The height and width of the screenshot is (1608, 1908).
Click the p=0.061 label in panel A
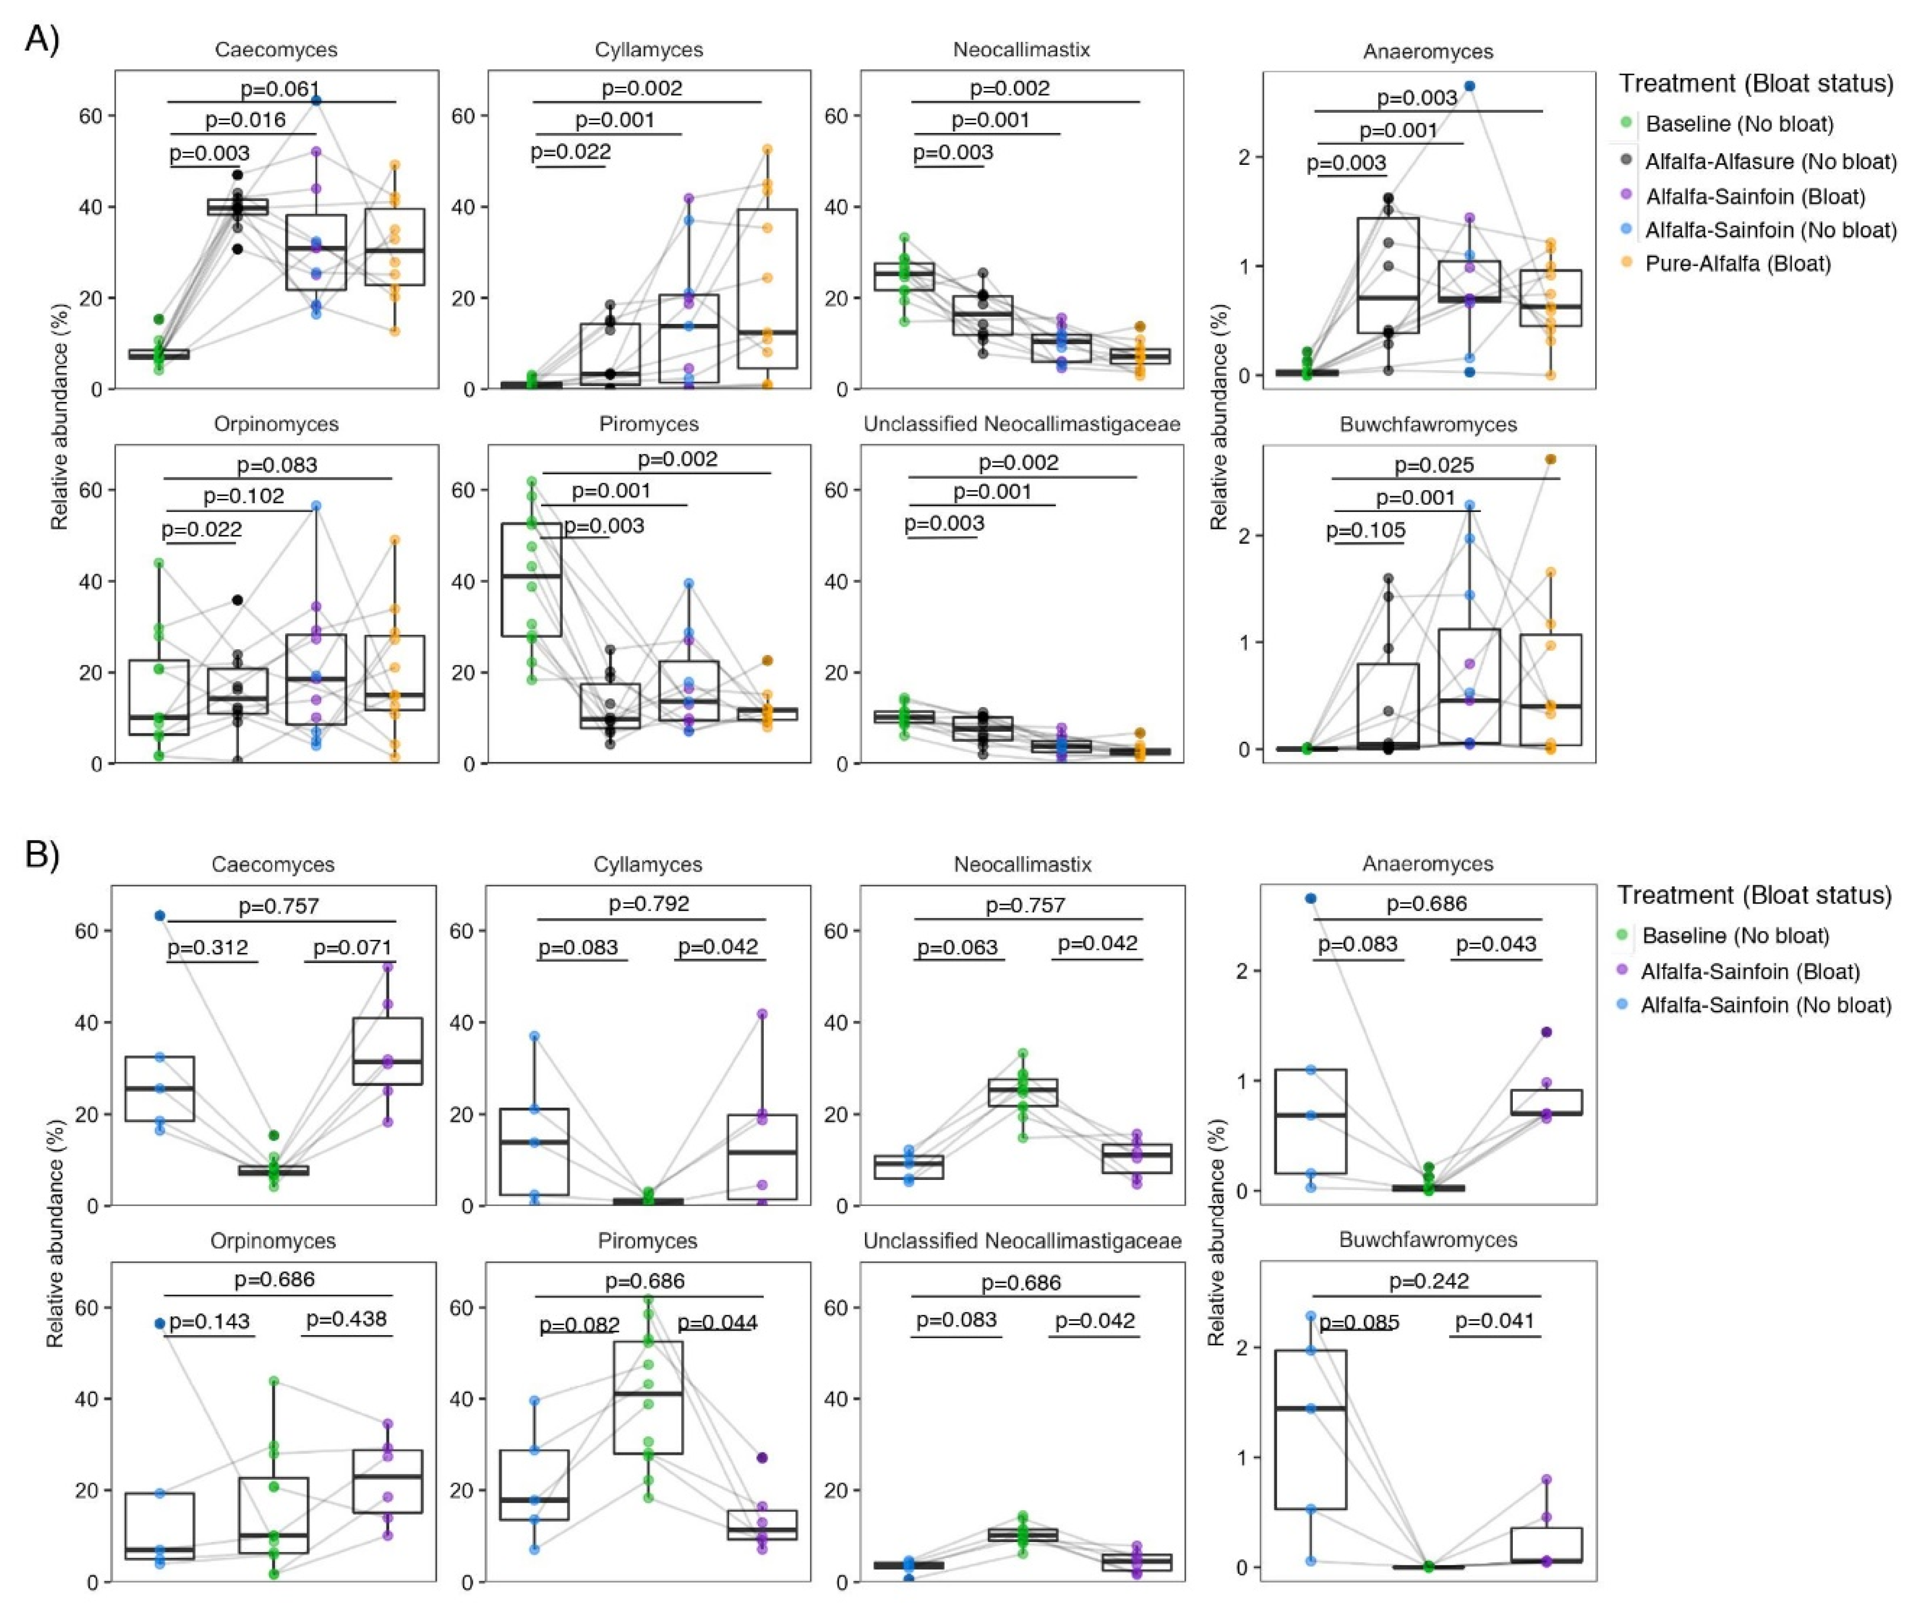280,88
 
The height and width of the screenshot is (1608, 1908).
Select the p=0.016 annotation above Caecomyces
244,120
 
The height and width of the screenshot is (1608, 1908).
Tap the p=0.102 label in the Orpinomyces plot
244,496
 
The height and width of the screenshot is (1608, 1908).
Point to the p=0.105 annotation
1365,531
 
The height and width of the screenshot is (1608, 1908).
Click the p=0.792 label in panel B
649,903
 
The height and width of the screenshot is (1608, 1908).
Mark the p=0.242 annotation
1429,1281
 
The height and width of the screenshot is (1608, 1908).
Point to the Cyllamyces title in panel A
649,50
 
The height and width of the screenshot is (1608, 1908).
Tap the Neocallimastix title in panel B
1022,864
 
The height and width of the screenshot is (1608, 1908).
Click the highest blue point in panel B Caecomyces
160,915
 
